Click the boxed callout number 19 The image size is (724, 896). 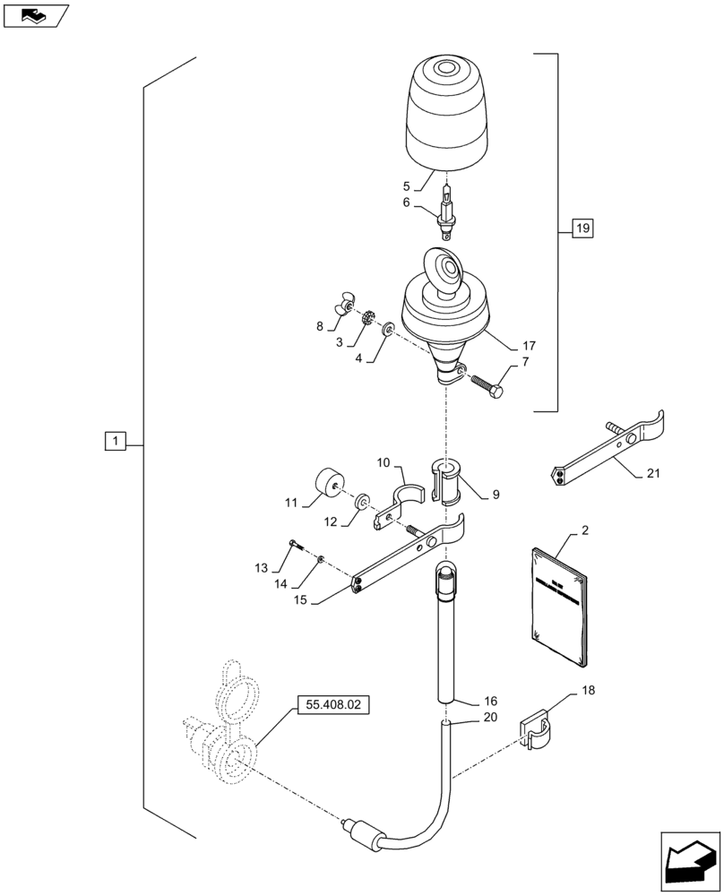[x=582, y=230]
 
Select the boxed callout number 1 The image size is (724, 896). [x=116, y=440]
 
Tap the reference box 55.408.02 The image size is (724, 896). [x=332, y=705]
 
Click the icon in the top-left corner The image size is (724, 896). [x=36, y=15]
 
